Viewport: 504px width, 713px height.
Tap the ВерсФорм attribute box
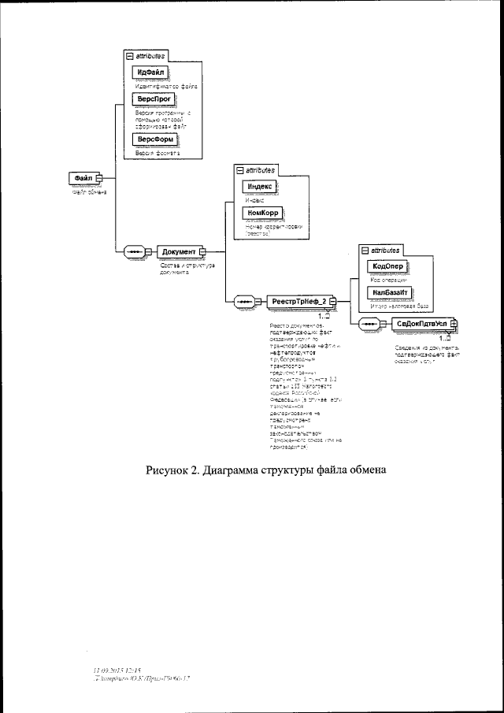coord(152,139)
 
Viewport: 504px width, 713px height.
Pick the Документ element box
coord(179,251)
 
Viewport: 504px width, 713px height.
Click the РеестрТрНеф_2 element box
coord(297,301)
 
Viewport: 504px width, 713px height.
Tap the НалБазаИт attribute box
coord(389,292)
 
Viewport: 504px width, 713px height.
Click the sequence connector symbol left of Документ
coord(134,251)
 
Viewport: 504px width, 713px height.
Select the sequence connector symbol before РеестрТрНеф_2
coord(244,301)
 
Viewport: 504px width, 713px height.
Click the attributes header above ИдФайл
coord(146,57)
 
